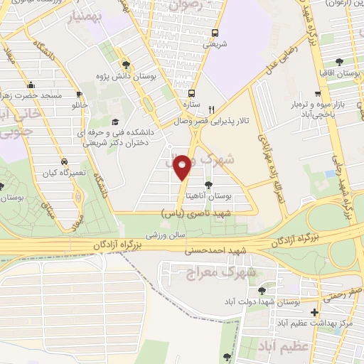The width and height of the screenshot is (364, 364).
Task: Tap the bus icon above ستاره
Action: pyautogui.click(x=191, y=92)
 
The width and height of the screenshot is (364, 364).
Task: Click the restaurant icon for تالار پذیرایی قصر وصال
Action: pyautogui.click(x=211, y=110)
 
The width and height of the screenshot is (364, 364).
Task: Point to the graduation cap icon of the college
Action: pyautogui.click(x=116, y=122)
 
